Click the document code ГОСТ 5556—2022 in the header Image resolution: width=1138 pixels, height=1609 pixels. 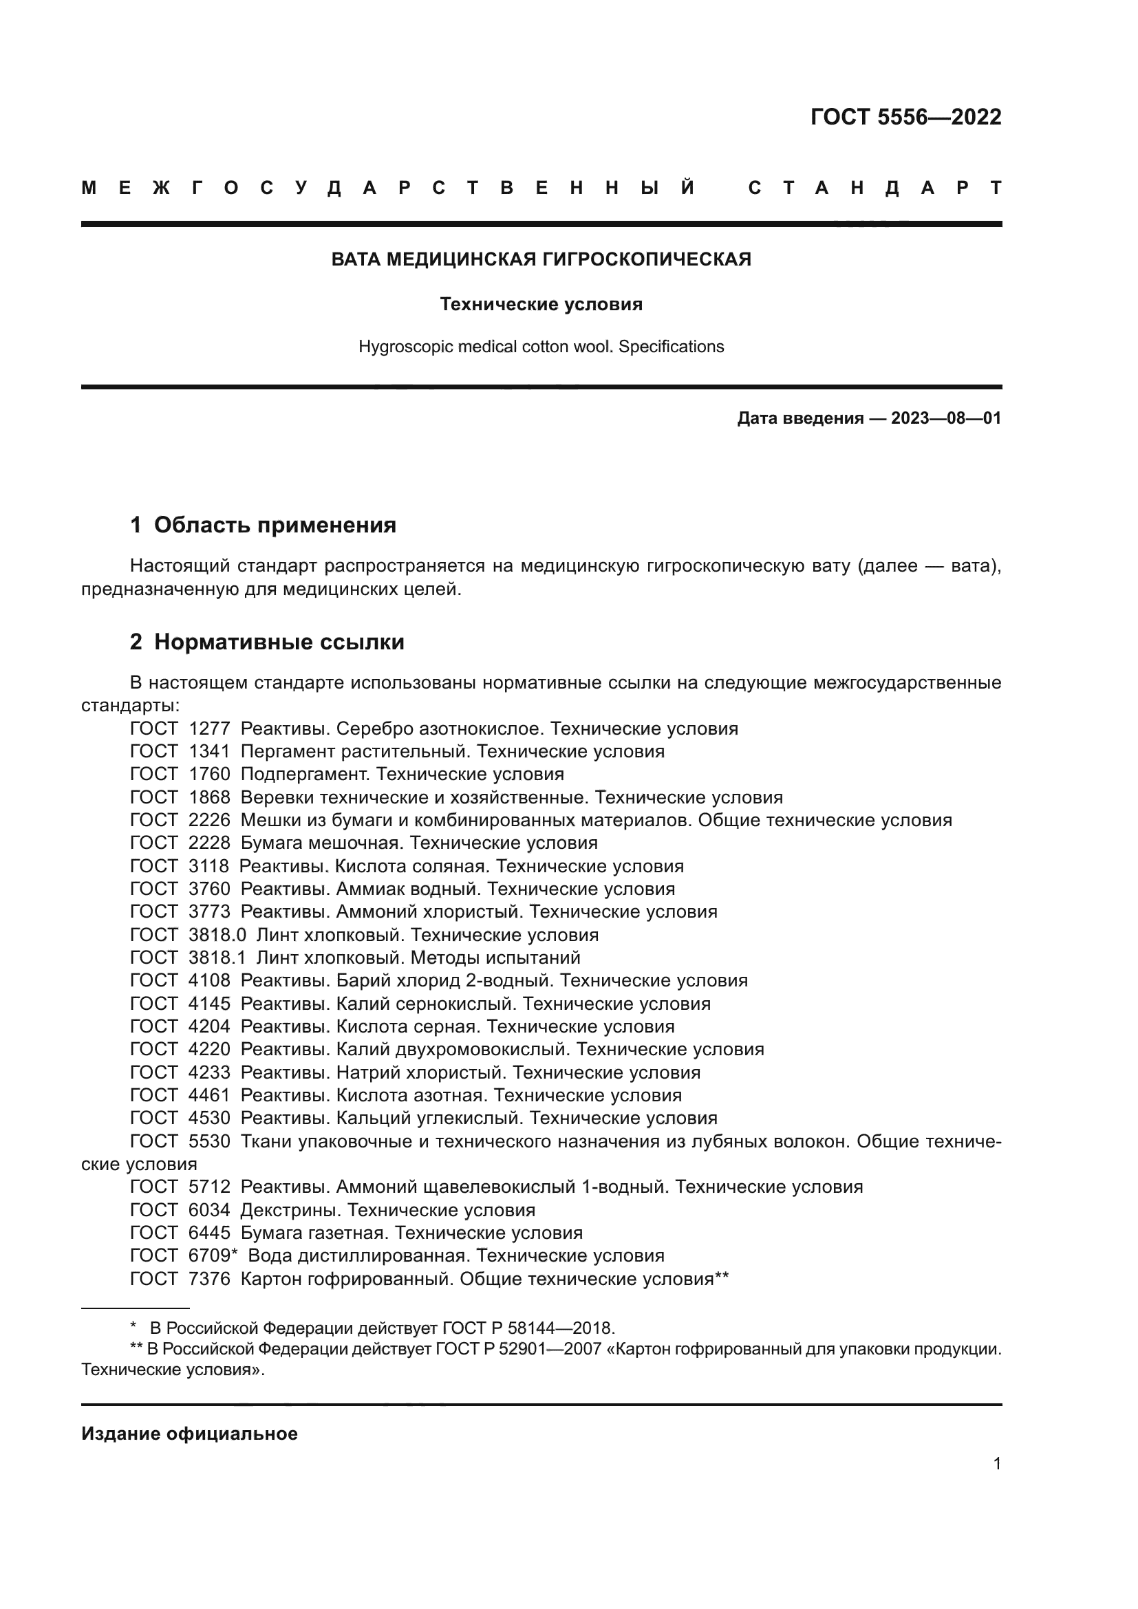coord(905,117)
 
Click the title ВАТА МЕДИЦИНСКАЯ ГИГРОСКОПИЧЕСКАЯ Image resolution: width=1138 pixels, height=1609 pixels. coord(541,259)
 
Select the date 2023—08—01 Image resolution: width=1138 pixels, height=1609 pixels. coord(946,419)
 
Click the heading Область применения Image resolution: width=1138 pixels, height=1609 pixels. coord(275,525)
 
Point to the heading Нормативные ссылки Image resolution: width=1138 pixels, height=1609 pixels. coord(279,642)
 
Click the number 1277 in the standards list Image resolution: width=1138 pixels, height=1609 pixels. coord(210,728)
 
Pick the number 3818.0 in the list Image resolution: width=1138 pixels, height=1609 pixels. coord(217,935)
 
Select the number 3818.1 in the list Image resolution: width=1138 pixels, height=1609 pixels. coord(217,958)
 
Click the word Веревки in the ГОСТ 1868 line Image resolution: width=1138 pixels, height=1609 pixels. coord(277,797)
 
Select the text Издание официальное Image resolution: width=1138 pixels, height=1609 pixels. coord(189,1434)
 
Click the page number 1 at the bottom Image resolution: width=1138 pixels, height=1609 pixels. coord(997,1464)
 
